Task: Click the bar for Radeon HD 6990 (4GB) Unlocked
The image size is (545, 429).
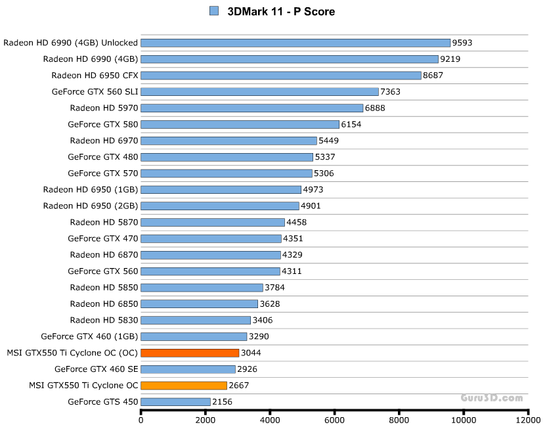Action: (x=295, y=43)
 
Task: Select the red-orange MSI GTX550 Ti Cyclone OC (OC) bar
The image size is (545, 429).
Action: (x=190, y=353)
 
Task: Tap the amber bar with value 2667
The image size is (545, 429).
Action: (x=184, y=386)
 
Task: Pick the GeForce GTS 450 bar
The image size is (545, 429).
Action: (x=175, y=401)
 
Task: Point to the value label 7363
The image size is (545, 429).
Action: (x=391, y=92)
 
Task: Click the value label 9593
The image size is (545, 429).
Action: (x=462, y=43)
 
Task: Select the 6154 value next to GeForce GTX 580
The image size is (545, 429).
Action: (x=351, y=124)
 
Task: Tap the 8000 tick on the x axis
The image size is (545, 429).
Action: (x=399, y=419)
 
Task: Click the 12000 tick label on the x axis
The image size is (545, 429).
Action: (x=528, y=419)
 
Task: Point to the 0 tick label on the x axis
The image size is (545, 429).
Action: (x=141, y=419)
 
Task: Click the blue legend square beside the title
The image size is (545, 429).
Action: (x=213, y=11)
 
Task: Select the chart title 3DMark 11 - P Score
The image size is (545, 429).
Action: (x=281, y=11)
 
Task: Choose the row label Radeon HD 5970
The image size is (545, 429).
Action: (x=104, y=108)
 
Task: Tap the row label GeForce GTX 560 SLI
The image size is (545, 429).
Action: (x=95, y=92)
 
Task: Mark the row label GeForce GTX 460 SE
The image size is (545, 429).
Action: (x=97, y=369)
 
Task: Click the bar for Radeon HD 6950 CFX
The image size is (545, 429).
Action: (x=281, y=76)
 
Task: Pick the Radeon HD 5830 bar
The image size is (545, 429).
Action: (x=196, y=320)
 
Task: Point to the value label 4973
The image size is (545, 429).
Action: (x=313, y=190)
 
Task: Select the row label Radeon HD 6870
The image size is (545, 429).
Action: (x=104, y=255)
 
